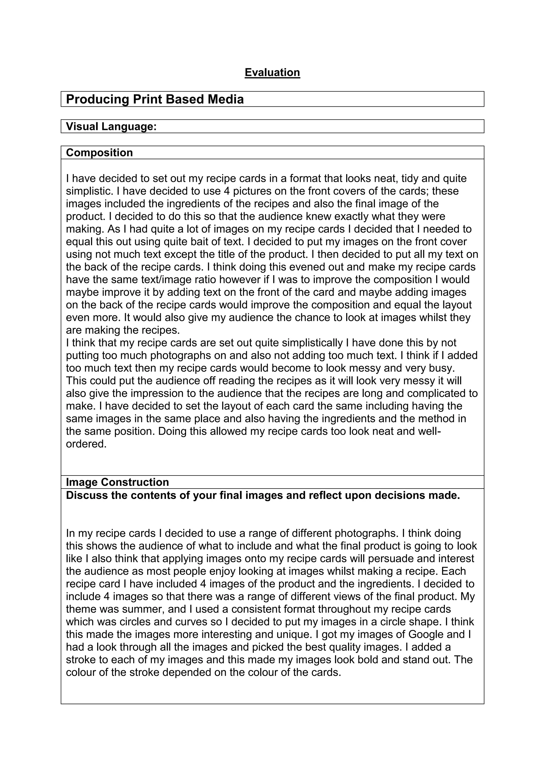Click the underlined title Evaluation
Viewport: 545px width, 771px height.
point(272,72)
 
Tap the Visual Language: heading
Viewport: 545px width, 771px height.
point(112,127)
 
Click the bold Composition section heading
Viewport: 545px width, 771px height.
point(99,153)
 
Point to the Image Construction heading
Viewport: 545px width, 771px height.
point(117,482)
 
